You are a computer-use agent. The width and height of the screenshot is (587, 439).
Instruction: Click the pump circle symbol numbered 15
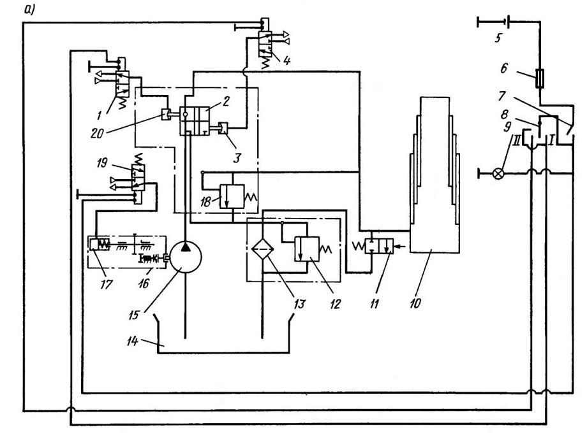click(x=185, y=257)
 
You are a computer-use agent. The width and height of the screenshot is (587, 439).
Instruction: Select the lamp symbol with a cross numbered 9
click(x=498, y=173)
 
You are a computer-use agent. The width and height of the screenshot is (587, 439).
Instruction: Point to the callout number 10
click(x=415, y=303)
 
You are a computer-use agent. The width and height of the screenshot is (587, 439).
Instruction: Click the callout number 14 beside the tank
click(x=132, y=341)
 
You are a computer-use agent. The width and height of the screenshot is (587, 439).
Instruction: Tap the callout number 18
click(x=205, y=203)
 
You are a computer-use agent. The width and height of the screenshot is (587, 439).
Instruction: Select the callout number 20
click(x=97, y=133)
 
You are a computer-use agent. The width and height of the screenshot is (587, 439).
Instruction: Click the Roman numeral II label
click(x=517, y=141)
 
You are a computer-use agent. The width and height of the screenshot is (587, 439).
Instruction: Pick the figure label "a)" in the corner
click(x=29, y=10)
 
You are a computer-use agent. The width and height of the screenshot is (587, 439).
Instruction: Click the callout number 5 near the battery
click(x=498, y=38)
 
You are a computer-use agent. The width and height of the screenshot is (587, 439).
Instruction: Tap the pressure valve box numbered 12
click(x=307, y=248)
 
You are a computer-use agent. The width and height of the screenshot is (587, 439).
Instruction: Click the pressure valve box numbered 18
click(x=232, y=197)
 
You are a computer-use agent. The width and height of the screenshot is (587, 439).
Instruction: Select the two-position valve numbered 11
click(x=379, y=247)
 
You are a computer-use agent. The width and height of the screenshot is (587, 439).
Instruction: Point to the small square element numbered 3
click(x=223, y=128)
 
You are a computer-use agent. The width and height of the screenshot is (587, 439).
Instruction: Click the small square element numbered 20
click(x=165, y=114)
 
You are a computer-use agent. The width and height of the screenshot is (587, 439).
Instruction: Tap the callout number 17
click(x=106, y=284)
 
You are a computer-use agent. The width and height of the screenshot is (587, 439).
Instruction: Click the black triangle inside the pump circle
click(x=185, y=247)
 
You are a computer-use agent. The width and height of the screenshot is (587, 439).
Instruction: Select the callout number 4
click(x=286, y=61)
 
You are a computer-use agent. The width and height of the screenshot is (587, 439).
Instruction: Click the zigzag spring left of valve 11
click(x=359, y=247)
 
